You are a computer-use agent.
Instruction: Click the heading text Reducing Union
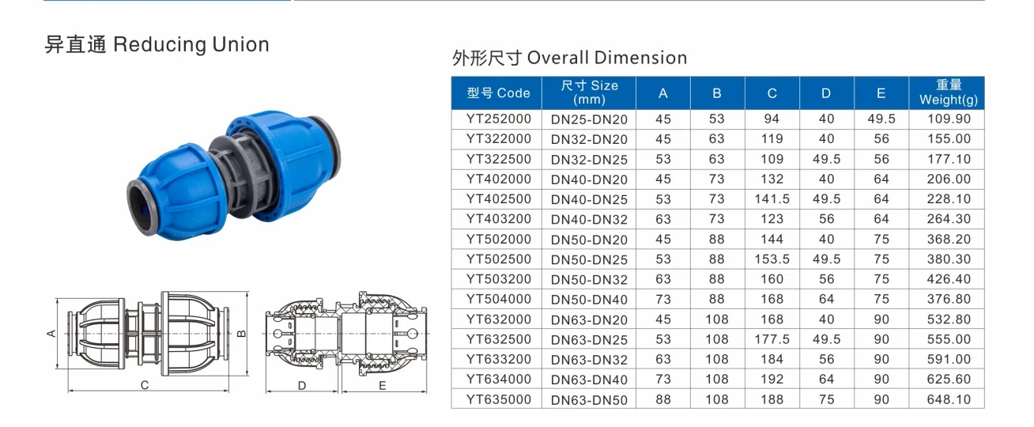click(x=191, y=44)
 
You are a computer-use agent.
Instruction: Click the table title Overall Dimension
click(x=606, y=58)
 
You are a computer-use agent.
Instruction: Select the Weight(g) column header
click(x=948, y=93)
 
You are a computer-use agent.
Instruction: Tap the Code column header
click(x=498, y=93)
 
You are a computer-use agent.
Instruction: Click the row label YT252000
click(x=498, y=119)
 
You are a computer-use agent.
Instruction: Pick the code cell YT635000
click(x=498, y=399)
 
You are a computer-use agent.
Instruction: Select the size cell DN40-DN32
click(x=589, y=219)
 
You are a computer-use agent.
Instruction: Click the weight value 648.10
click(x=948, y=399)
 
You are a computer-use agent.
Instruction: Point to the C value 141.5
click(x=772, y=198)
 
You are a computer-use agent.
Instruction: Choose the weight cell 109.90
click(x=948, y=119)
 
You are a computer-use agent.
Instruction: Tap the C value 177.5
click(x=772, y=339)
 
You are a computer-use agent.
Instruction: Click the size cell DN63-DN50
click(x=589, y=400)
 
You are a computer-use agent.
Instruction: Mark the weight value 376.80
click(x=948, y=299)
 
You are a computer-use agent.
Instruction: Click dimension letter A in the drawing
click(x=51, y=334)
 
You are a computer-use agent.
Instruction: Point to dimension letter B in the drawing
click(x=242, y=332)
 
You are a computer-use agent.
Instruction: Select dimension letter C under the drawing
click(x=145, y=386)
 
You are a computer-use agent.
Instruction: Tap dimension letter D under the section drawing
click(x=302, y=386)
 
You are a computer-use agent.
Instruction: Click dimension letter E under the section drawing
click(x=382, y=386)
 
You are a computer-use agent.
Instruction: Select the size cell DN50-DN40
click(x=589, y=299)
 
